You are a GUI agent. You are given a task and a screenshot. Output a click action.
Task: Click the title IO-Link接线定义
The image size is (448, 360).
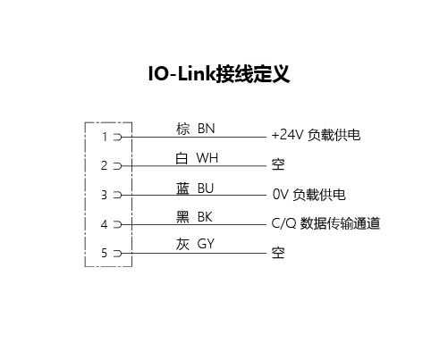click(219, 73)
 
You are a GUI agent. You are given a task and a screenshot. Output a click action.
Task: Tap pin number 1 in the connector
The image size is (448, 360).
click(105, 137)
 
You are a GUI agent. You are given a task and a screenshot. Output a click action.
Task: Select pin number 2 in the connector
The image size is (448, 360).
click(104, 165)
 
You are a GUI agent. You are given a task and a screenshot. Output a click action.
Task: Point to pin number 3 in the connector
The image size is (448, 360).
click(104, 195)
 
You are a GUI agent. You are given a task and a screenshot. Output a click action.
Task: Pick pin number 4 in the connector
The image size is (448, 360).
click(104, 224)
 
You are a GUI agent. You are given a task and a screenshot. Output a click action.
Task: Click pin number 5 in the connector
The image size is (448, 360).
click(104, 253)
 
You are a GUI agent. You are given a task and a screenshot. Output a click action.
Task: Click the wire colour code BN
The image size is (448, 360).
click(207, 129)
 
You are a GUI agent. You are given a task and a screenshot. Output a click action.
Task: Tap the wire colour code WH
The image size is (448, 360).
click(207, 158)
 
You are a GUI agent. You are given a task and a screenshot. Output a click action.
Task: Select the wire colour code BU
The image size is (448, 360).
click(206, 188)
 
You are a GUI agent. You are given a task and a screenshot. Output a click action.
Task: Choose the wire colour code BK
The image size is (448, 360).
click(205, 217)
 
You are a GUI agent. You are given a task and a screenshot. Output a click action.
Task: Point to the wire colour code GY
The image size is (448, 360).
click(206, 244)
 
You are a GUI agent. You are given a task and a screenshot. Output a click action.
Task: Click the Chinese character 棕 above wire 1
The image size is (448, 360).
click(182, 129)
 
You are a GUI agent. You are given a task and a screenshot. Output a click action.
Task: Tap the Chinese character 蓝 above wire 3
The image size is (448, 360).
click(182, 188)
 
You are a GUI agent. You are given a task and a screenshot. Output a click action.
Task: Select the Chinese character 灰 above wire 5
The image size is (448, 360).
click(182, 244)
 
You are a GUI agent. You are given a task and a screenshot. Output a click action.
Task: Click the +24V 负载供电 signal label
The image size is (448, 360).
click(316, 135)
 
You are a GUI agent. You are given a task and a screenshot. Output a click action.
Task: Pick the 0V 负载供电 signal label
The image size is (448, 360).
click(309, 195)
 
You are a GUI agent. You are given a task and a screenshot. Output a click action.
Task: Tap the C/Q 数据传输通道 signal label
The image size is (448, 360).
click(325, 223)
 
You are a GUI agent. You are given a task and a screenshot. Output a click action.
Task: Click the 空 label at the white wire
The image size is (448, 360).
click(278, 164)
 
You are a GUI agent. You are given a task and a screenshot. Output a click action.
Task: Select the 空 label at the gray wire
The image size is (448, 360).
click(278, 253)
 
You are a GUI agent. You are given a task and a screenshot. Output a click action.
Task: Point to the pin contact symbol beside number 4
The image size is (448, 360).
click(118, 224)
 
